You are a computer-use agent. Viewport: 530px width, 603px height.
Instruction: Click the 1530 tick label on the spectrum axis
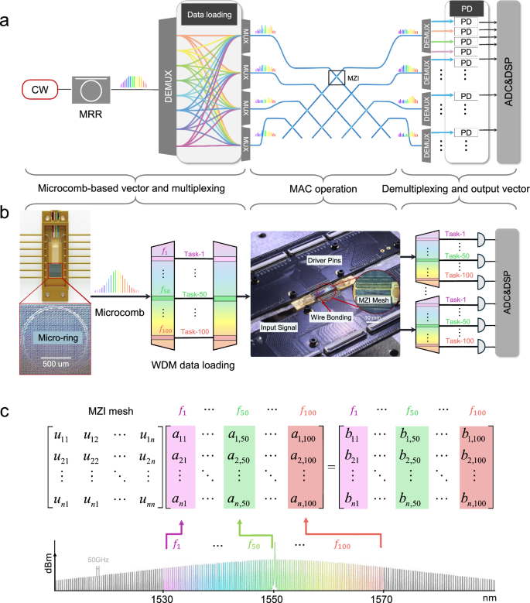pyautogui.click(x=163, y=598)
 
